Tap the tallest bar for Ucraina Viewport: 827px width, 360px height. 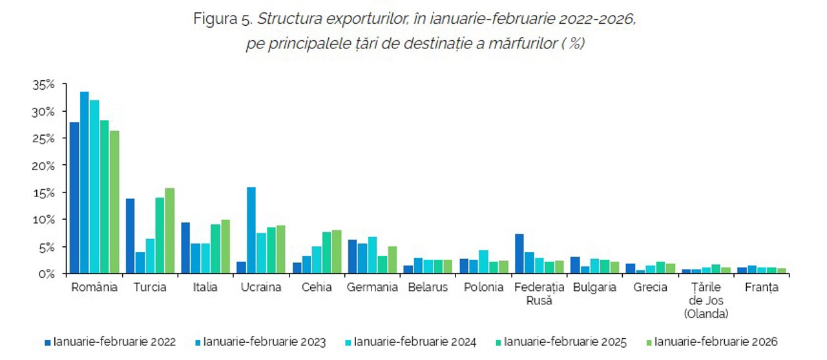point(251,230)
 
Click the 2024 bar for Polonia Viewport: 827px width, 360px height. point(484,262)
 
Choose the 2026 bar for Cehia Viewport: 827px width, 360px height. point(337,251)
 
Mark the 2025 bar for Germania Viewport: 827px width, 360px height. point(382,264)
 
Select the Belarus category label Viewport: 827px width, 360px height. point(428,288)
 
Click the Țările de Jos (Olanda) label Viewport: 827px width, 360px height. point(707,301)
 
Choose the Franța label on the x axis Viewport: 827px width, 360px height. point(761,288)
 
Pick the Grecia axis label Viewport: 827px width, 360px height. point(650,288)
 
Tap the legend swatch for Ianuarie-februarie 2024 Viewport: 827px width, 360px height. point(349,342)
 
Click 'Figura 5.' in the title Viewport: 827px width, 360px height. point(223,19)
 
